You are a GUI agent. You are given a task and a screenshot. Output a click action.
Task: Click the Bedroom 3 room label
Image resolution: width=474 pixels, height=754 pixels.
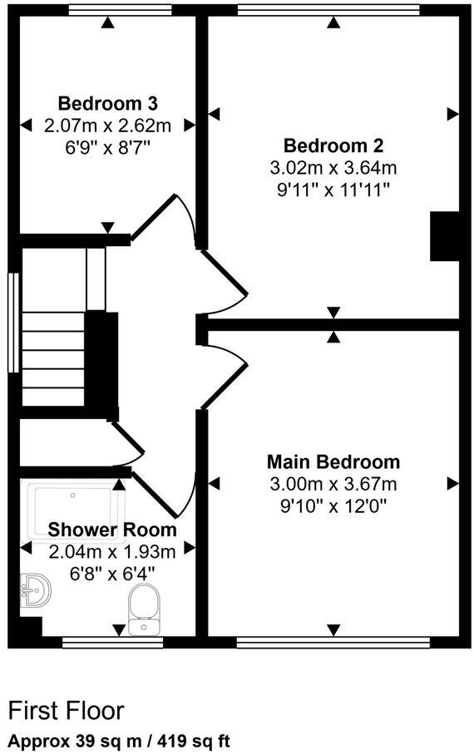[x=107, y=104]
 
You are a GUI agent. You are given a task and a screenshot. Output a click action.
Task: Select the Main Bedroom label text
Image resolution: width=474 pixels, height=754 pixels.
[x=333, y=462]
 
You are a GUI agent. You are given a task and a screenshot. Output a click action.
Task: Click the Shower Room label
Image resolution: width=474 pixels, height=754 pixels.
[x=111, y=530]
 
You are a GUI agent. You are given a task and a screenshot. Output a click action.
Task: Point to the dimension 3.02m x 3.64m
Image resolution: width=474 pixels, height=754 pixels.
[x=333, y=168]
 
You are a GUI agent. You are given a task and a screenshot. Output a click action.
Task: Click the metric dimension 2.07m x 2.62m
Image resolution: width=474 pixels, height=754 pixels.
[x=107, y=126]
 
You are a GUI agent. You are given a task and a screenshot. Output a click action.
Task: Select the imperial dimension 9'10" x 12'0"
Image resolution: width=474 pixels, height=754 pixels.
[x=333, y=505]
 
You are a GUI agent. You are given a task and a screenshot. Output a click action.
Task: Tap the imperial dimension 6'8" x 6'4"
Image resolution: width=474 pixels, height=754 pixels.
[x=111, y=572]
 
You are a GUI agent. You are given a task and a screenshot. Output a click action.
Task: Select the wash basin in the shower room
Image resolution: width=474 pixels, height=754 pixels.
[x=36, y=591]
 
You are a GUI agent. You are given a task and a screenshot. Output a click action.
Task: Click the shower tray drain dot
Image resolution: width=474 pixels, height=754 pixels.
[x=74, y=494]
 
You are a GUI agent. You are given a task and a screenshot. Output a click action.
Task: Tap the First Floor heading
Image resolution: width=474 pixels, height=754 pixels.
[x=66, y=711]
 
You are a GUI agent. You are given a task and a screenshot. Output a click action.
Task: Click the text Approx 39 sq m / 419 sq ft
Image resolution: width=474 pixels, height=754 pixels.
[x=119, y=739]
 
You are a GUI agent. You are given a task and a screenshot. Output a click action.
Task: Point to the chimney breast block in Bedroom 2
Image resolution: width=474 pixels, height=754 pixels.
[x=444, y=236]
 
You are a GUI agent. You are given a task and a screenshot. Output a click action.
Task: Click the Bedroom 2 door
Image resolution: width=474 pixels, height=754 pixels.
[x=223, y=274]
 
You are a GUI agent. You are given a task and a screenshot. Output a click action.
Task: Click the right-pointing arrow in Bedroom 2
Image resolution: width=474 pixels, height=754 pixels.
[x=452, y=113]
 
